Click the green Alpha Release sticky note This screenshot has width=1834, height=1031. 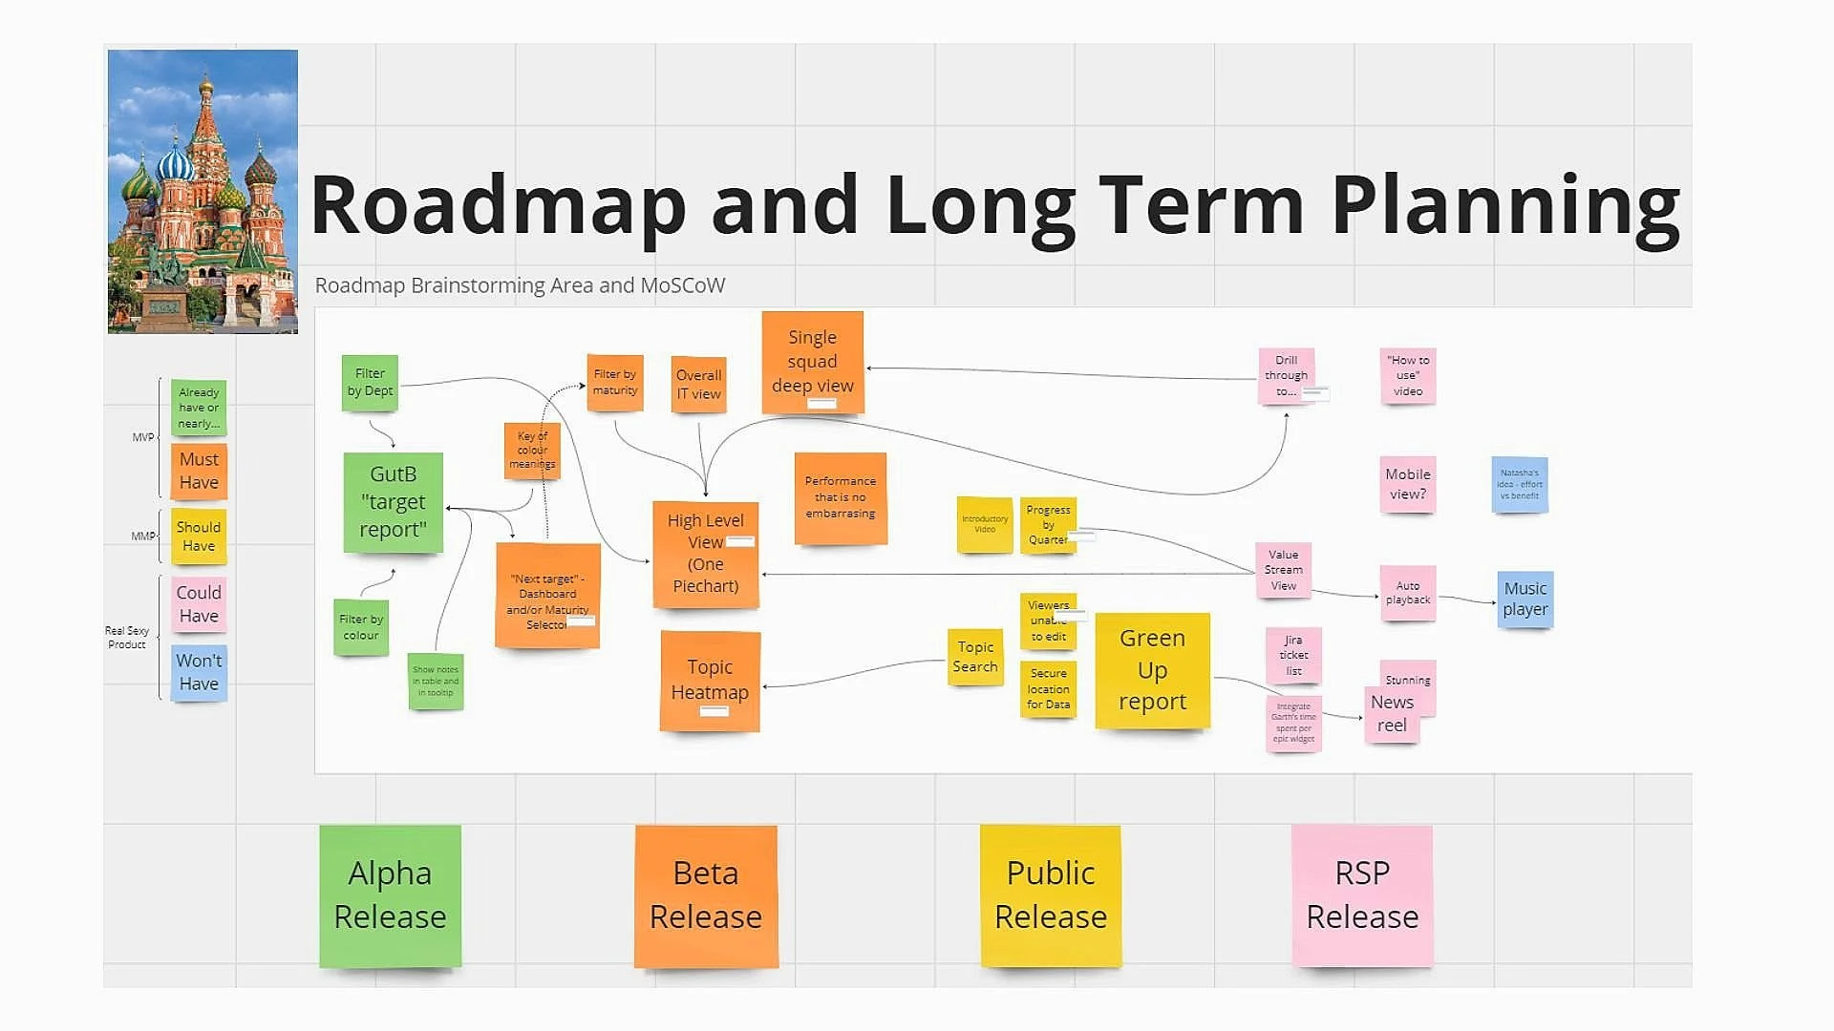point(390,895)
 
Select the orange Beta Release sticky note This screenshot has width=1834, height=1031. point(706,895)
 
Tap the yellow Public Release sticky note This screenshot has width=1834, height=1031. point(1051,895)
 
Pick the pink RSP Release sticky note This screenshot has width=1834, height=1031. point(1362,895)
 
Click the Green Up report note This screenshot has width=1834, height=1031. point(1152,670)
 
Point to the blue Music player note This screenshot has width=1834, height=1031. point(1525,600)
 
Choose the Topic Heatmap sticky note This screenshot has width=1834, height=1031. point(710,680)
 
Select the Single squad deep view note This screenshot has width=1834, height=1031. point(813,362)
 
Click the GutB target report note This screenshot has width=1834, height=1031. point(394,502)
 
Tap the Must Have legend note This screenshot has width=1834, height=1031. point(199,472)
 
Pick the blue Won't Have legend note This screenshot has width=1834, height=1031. point(199,673)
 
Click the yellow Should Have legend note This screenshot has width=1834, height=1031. point(199,537)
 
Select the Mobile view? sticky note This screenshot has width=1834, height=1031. point(1408,484)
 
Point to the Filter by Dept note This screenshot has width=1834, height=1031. point(370,383)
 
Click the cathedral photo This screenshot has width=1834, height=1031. point(203,191)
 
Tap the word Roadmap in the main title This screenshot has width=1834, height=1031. point(498,205)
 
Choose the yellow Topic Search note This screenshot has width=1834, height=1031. point(975,657)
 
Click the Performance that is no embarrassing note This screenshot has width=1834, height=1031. point(841,497)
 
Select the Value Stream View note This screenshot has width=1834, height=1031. point(1284,570)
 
